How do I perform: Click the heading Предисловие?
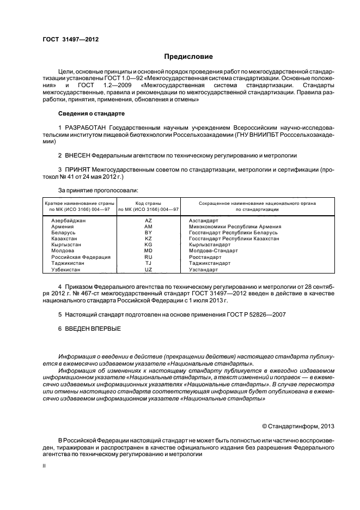(x=188, y=56)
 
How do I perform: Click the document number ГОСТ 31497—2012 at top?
(x=71, y=39)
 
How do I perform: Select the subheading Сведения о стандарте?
(x=91, y=114)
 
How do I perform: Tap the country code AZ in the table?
(x=148, y=220)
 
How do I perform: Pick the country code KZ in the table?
(x=148, y=239)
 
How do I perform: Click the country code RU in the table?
(x=148, y=257)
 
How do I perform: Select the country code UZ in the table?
(x=148, y=269)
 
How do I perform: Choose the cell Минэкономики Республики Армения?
(x=235, y=226)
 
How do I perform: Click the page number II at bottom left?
(x=45, y=466)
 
